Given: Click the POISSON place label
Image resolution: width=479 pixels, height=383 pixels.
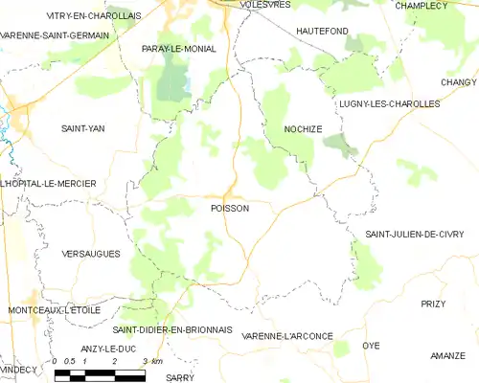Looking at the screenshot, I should [229, 208].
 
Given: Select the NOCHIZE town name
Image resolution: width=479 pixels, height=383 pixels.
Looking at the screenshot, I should [304, 127].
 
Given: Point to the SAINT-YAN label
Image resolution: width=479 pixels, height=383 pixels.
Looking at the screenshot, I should [83, 127].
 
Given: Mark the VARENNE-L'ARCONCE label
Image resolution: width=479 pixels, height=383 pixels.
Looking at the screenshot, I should [287, 336].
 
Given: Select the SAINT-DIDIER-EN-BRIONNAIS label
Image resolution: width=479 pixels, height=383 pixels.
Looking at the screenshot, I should [172, 329].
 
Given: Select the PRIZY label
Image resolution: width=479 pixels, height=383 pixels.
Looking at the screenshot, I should [433, 304].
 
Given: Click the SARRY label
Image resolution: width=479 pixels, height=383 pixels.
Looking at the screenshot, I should [179, 377].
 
